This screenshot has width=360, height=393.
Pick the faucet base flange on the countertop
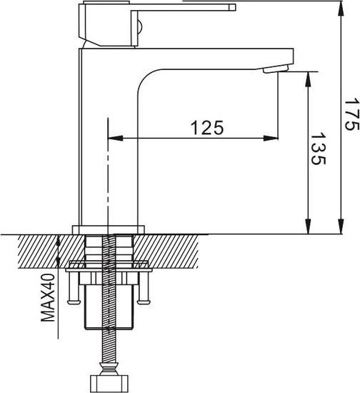coord(109,230)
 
